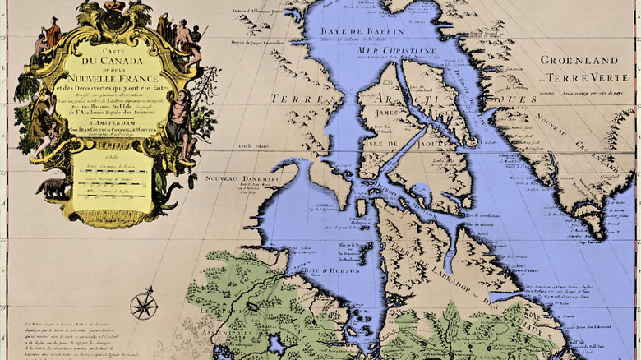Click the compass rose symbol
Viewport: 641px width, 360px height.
tap(144, 305)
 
